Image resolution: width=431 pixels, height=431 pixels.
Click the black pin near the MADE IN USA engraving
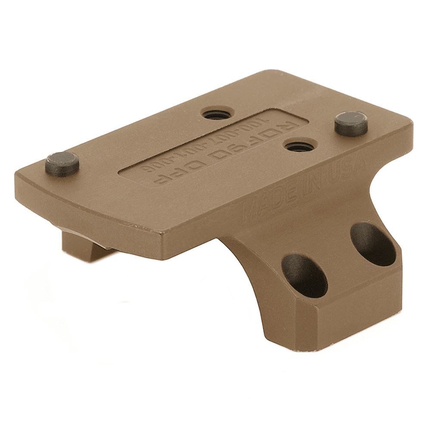(x=351, y=123)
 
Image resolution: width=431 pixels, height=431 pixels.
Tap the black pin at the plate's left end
(x=62, y=164)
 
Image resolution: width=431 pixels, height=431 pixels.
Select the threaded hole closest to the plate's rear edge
(x=216, y=115)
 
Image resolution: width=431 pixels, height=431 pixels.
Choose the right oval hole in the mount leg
(x=373, y=244)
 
